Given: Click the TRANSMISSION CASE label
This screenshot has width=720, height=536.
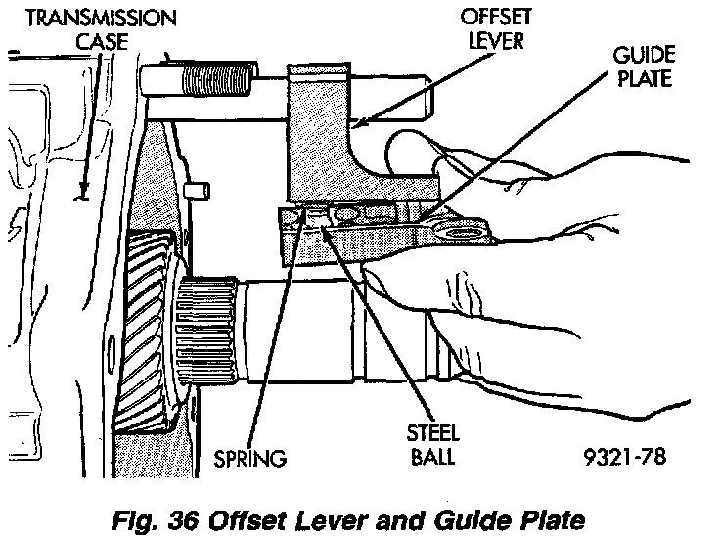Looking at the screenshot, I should point(89,29).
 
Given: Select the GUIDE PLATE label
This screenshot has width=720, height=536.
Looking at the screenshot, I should point(642,65).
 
